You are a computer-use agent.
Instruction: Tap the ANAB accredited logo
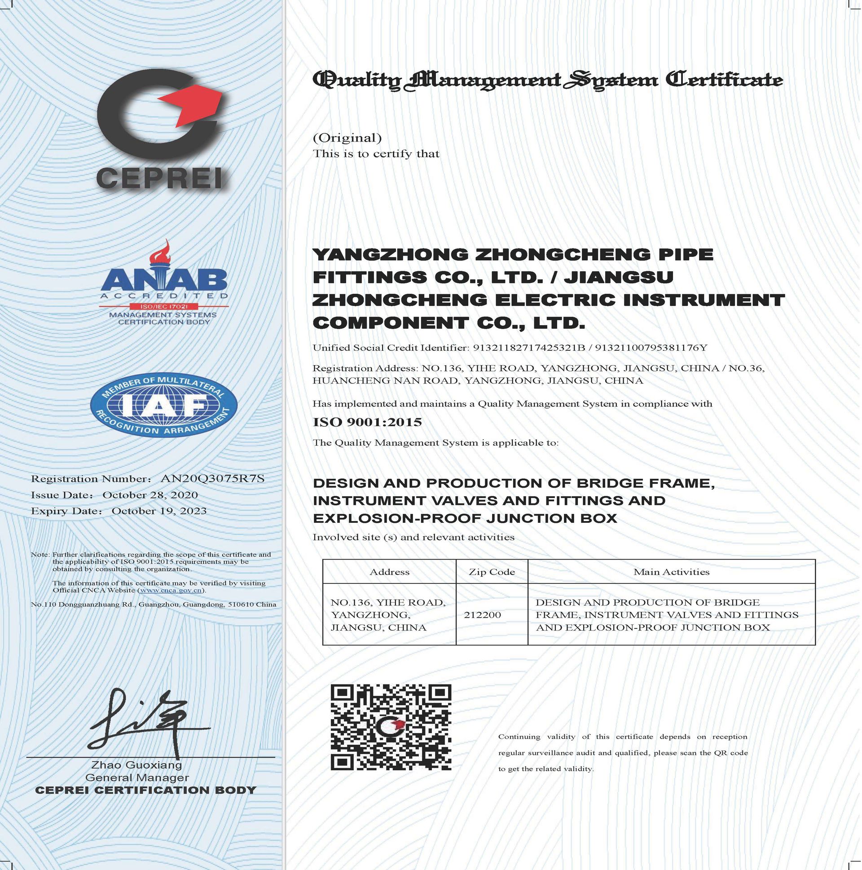[x=164, y=284]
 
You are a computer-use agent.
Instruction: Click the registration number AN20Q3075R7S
[x=212, y=479]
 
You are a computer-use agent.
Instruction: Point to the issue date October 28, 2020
[x=150, y=495]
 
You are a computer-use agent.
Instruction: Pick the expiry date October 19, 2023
[x=159, y=511]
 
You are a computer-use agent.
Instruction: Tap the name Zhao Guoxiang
[x=137, y=765]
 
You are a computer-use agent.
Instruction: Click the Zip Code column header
[x=492, y=572]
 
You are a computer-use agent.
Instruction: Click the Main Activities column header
[x=671, y=572]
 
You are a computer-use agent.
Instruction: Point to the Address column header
[x=389, y=572]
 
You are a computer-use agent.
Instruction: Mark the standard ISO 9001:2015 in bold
[x=367, y=422]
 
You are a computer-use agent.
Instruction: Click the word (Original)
[x=347, y=138]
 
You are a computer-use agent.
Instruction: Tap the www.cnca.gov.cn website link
[x=171, y=590]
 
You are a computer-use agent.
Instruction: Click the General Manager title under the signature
[x=137, y=777]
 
